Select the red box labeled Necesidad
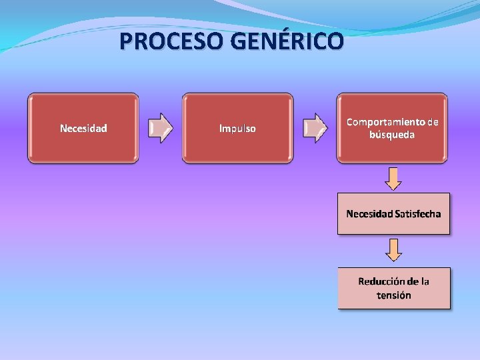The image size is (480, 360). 83,128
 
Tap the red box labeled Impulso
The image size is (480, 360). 238,128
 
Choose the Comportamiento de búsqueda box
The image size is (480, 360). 393,128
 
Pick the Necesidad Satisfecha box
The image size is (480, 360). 393,214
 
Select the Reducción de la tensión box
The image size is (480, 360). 393,288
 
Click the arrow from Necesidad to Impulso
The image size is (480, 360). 161,128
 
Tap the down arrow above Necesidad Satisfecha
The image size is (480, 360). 394,178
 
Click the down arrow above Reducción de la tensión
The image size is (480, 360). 394,250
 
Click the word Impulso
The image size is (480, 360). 238,129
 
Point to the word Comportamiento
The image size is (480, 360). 385,122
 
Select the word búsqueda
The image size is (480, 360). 392,135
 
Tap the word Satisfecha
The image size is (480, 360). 417,214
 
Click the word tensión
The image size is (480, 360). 394,295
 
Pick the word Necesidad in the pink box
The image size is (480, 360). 369,214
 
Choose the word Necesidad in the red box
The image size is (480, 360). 83,128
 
